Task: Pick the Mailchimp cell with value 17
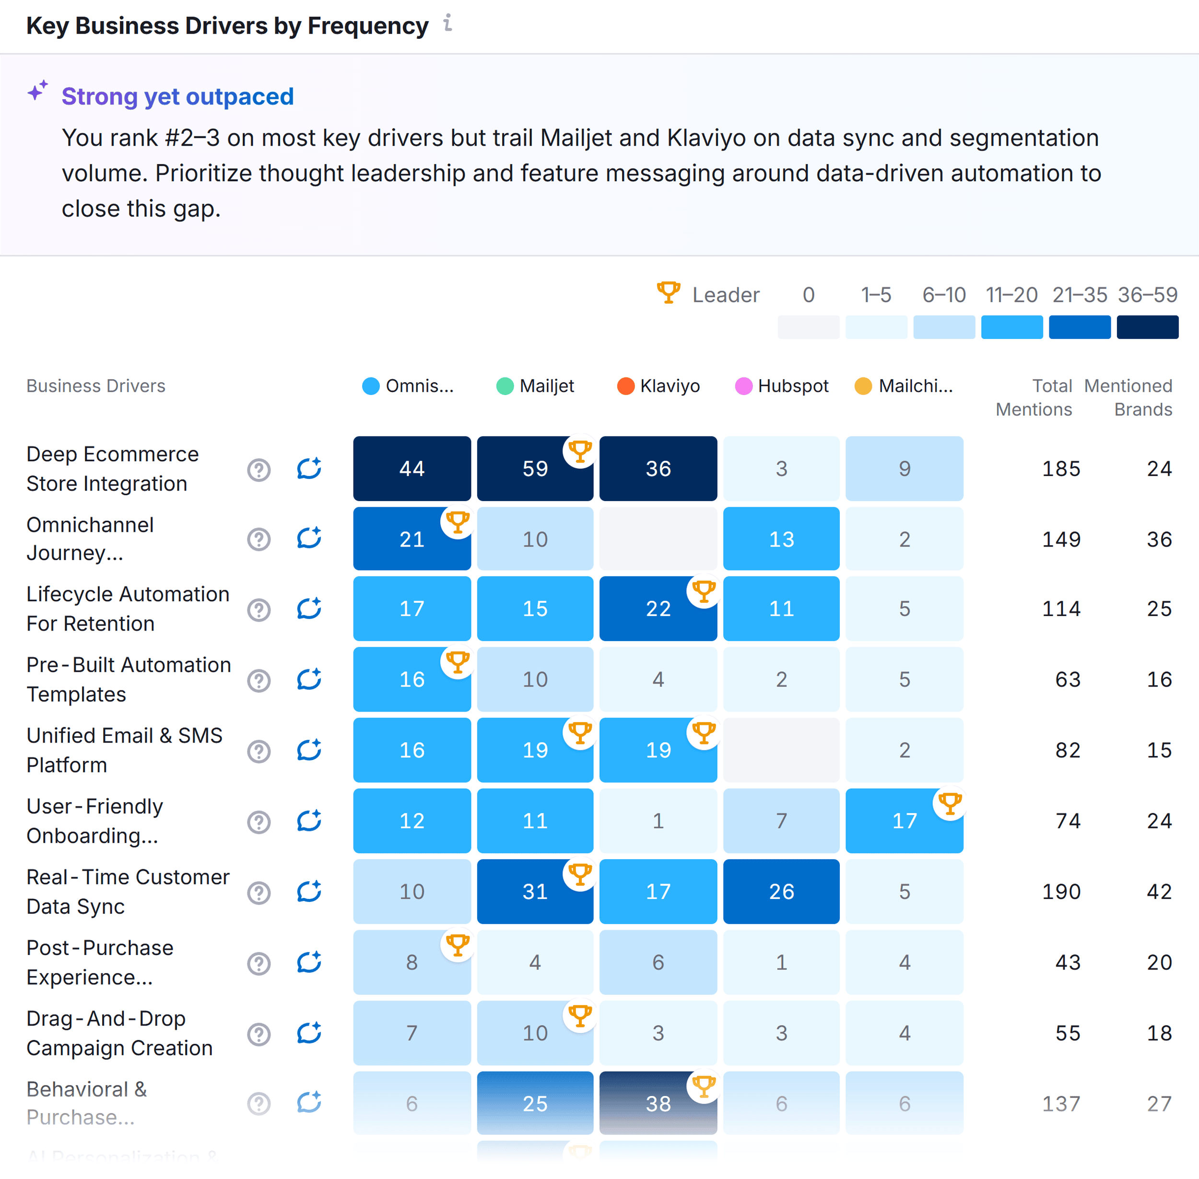904,821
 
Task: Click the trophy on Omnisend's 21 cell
458,522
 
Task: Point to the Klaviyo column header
659,386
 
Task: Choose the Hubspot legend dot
743,386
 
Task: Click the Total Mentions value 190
1061,892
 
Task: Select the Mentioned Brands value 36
1159,539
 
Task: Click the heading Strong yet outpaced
178,96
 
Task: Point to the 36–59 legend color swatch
1147,327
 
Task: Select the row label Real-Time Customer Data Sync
128,892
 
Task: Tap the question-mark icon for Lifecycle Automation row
259,610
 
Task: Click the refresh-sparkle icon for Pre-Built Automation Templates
309,679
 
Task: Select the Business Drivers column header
96,386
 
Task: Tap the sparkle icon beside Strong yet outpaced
38,91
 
